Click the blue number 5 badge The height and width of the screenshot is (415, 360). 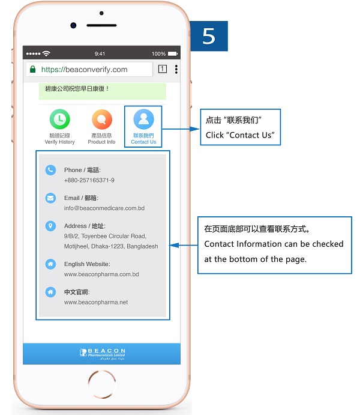(209, 36)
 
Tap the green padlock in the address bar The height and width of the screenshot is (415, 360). (32, 69)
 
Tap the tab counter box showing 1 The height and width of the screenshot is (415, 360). (162, 69)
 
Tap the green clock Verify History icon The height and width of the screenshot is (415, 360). (59, 119)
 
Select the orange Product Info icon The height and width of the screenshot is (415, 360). (101, 119)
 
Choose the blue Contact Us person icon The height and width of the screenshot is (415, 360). (143, 119)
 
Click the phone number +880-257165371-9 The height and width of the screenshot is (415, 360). (89, 180)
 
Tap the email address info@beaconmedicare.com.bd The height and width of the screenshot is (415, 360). (104, 208)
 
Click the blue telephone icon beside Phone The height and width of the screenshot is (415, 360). (50, 170)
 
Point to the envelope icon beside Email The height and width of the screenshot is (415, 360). (50, 198)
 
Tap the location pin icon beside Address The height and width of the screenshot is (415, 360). (50, 226)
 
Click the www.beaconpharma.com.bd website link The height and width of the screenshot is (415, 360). (101, 274)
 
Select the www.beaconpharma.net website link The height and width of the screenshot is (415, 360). (96, 302)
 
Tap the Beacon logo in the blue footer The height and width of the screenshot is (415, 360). (102, 353)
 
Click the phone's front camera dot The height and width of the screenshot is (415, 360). (73, 25)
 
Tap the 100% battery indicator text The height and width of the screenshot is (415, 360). (158, 53)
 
